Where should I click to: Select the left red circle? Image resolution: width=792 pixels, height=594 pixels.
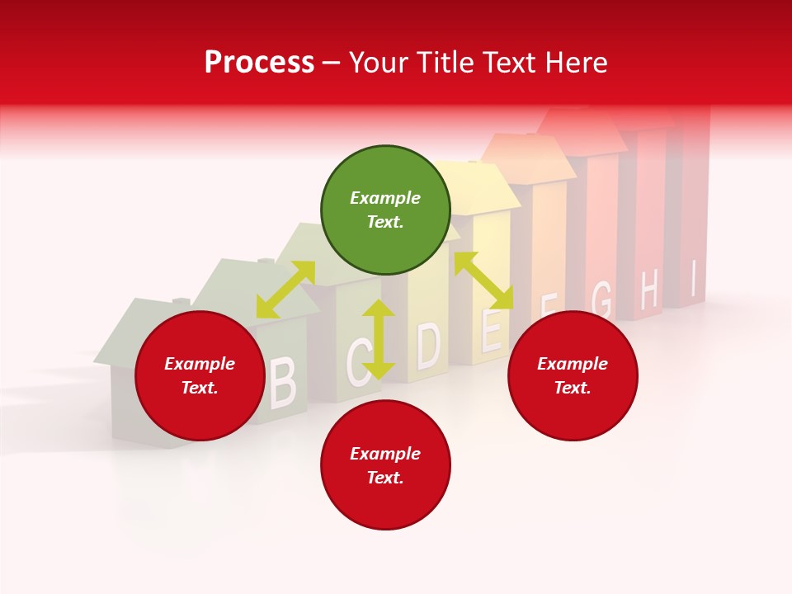click(200, 375)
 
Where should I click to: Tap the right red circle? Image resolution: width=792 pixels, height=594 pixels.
click(573, 375)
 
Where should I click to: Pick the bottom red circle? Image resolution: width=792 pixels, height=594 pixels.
click(385, 465)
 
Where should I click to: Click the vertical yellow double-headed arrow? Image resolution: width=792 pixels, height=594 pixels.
click(379, 339)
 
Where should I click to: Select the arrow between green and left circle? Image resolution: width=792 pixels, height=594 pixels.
click(285, 290)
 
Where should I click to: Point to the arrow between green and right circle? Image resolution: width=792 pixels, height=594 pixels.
click(483, 280)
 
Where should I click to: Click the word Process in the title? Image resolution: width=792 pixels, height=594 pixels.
click(259, 62)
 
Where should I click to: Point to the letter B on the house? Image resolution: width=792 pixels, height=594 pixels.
click(282, 383)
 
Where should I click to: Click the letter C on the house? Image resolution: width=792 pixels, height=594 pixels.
click(359, 362)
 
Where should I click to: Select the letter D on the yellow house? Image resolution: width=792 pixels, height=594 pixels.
click(428, 345)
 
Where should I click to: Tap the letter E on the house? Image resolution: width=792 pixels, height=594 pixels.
click(490, 330)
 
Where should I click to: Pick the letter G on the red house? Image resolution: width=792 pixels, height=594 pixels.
click(602, 300)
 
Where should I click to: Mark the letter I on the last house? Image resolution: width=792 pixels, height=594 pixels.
click(694, 279)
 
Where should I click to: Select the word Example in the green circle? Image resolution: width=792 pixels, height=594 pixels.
click(385, 198)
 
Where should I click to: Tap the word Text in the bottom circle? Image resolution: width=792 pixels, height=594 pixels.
click(385, 478)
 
